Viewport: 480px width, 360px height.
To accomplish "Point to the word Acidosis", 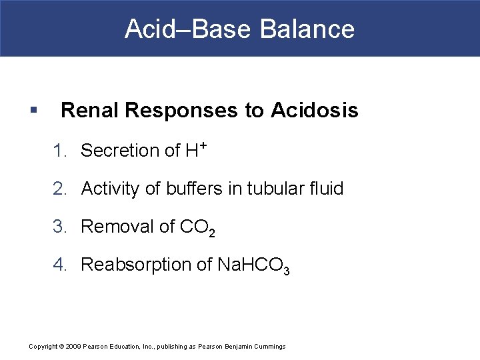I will pyautogui.click(x=315, y=111).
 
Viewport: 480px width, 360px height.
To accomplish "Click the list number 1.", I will pyautogui.click(x=59, y=151).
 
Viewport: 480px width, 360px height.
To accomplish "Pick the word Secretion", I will pyautogui.click(x=117, y=151).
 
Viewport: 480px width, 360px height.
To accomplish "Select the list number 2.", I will pyautogui.click(x=60, y=189).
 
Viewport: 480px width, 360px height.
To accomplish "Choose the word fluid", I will pyautogui.click(x=327, y=189).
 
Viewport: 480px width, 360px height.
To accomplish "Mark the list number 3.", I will pyautogui.click(x=60, y=227).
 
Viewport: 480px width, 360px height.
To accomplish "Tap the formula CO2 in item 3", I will pyautogui.click(x=198, y=229).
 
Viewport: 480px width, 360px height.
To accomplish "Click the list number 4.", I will pyautogui.click(x=60, y=265).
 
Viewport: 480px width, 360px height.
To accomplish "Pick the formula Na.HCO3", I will pyautogui.click(x=253, y=266).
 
